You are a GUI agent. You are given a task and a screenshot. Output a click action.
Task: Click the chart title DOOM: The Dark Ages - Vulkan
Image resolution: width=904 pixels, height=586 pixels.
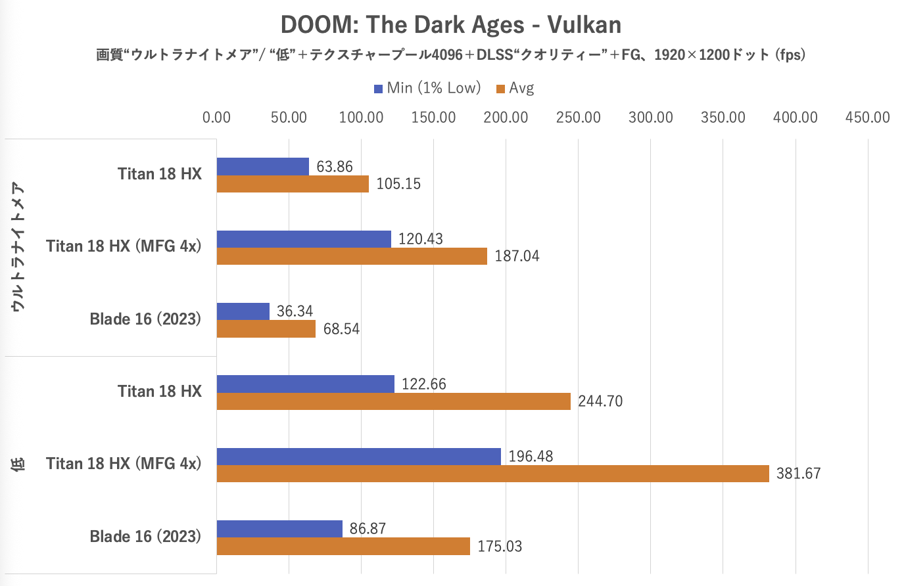451,25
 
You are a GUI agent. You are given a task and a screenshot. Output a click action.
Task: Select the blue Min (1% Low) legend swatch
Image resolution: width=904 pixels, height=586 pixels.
378,89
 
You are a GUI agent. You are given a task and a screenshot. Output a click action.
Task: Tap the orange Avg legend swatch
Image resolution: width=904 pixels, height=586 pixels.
500,89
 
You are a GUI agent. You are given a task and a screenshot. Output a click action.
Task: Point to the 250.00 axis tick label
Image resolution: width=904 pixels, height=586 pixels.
578,118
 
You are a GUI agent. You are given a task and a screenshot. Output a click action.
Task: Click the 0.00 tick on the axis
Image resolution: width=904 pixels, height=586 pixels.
216,118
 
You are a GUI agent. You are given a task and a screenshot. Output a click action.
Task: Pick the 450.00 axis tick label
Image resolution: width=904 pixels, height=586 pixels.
867,118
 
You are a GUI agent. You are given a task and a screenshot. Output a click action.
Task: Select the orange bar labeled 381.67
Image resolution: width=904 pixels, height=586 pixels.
492,474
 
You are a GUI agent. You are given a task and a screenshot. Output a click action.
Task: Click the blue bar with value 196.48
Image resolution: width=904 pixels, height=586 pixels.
358,457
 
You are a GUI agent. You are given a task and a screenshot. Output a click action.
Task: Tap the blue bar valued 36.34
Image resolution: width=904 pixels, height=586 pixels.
243,311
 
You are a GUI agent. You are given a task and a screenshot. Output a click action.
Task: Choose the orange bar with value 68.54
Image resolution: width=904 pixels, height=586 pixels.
266,328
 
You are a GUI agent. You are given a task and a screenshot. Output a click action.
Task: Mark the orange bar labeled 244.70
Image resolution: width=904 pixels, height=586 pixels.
393,401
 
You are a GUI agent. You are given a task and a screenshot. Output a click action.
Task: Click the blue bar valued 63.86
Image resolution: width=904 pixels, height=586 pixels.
262,167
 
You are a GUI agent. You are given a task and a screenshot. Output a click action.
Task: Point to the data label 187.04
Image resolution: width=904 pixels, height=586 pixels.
517,256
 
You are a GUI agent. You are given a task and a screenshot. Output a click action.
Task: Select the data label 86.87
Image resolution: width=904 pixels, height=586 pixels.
368,529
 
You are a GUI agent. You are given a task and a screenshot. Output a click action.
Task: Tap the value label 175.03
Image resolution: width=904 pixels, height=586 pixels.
500,547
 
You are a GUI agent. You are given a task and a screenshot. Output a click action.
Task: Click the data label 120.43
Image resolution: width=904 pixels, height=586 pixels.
421,239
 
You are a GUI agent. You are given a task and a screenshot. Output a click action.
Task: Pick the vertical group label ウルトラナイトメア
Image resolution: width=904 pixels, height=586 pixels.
18,247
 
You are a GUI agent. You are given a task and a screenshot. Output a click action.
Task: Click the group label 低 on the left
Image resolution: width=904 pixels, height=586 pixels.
18,464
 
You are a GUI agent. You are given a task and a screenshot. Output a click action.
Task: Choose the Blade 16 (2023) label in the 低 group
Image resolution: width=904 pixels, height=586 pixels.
145,537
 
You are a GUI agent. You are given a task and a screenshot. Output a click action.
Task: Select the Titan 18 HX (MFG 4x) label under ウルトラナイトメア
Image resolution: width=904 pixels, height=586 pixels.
124,246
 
